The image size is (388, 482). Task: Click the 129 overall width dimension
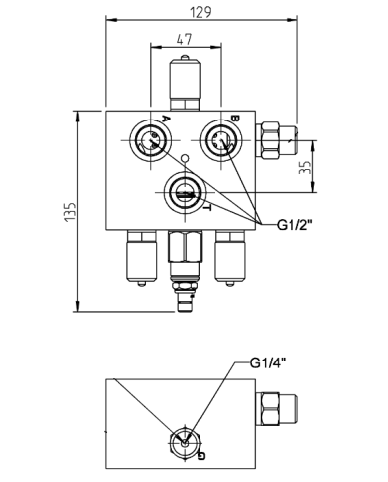pyautogui.click(x=204, y=11)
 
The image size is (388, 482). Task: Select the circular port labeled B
pyautogui.click(x=217, y=140)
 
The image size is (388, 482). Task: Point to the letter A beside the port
pyautogui.click(x=165, y=120)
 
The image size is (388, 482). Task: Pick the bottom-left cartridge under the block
pyautogui.click(x=138, y=259)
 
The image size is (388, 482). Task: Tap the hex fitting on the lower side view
pyautogui.click(x=276, y=409)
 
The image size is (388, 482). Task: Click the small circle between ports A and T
pyautogui.click(x=185, y=159)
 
